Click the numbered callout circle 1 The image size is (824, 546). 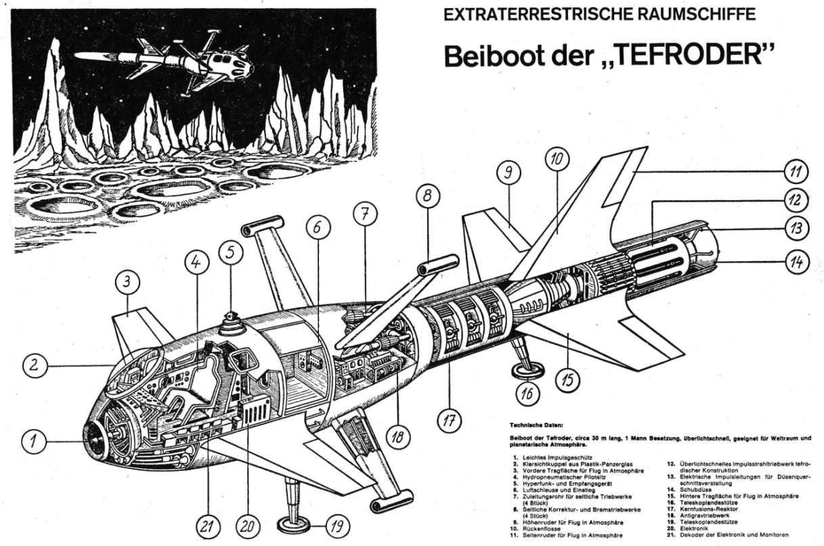[32, 442]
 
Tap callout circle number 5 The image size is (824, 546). [230, 253]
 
